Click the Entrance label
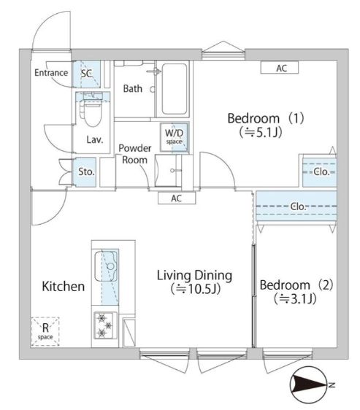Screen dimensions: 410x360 click(51, 72)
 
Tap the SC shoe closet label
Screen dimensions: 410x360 click(86, 73)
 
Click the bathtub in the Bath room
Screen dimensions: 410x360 click(175, 88)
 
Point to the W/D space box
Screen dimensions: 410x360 click(175, 137)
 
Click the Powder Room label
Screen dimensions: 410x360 click(135, 154)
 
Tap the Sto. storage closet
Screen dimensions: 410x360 click(86, 173)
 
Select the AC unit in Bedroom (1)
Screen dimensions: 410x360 click(281, 68)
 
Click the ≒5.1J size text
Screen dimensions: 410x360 click(261, 133)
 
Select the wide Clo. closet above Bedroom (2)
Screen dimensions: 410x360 click(296, 206)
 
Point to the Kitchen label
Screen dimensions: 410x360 click(63, 287)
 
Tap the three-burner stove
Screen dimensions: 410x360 click(104, 325)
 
